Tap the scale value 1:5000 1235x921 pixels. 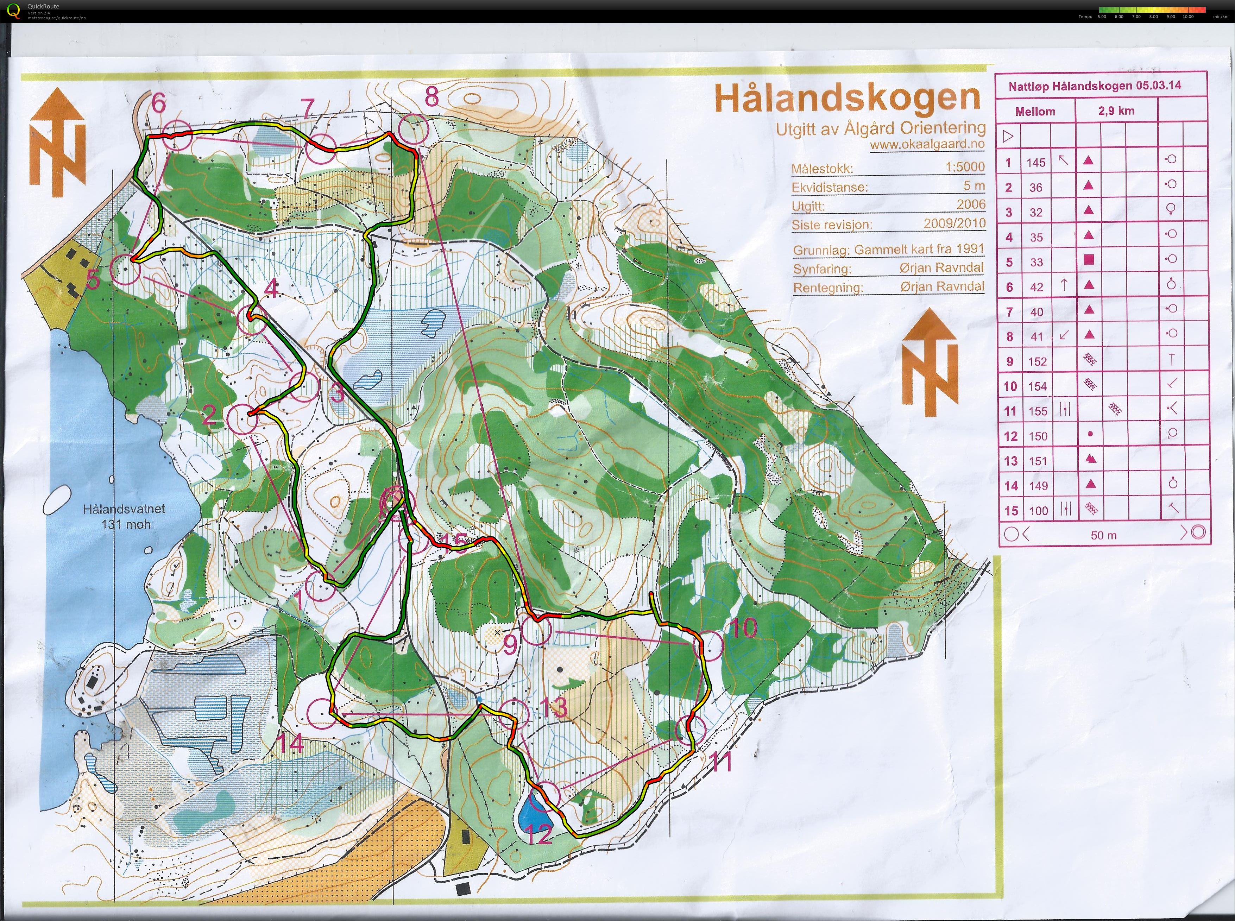click(965, 166)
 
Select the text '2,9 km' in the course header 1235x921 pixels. click(1116, 111)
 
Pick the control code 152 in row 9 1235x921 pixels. click(1037, 361)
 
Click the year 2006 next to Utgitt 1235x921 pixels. click(971, 204)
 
